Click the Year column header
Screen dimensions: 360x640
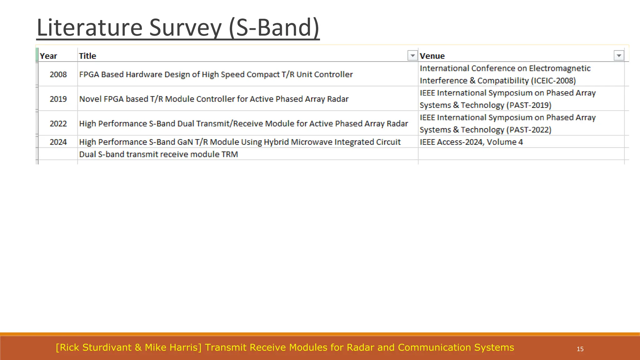coord(48,56)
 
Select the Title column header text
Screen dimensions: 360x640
coord(87,56)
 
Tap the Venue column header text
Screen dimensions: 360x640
coord(432,56)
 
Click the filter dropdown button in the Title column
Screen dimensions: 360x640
coord(412,56)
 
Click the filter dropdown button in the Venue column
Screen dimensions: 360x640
coord(619,56)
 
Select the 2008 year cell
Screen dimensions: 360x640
coord(58,74)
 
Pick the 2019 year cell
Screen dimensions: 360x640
coord(58,99)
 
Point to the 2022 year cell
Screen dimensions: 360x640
coord(58,124)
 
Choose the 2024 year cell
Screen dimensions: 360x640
coord(58,142)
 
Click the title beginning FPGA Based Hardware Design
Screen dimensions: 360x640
coord(216,74)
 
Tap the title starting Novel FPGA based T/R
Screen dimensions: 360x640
coord(214,99)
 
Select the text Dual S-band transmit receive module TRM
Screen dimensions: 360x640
coord(158,154)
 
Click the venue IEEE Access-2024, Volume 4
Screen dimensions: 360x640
coord(471,142)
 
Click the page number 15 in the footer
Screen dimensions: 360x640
coord(580,349)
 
